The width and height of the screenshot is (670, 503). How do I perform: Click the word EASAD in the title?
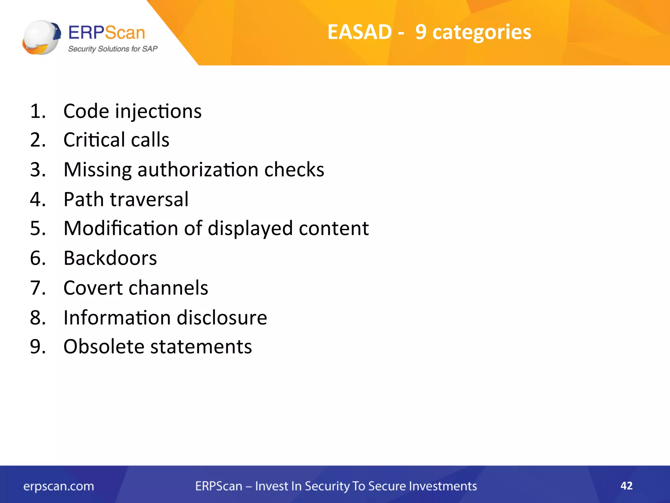click(359, 32)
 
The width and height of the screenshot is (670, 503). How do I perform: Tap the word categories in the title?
click(482, 33)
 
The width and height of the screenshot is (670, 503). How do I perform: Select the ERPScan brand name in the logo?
click(107, 33)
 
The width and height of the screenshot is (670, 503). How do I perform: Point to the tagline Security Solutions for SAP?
click(113, 49)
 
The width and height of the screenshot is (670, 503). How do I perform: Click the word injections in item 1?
click(158, 111)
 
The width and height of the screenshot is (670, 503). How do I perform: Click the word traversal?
click(149, 199)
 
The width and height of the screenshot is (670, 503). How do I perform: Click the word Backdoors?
click(110, 258)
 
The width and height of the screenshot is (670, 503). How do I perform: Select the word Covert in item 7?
click(93, 288)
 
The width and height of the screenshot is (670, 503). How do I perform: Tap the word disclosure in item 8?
click(222, 318)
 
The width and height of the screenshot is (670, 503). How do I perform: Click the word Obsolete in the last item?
click(104, 346)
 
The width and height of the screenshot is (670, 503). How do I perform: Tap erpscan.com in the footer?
click(59, 486)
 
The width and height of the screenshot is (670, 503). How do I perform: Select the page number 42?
click(626, 486)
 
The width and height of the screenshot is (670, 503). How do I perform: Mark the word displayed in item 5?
click(250, 229)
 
